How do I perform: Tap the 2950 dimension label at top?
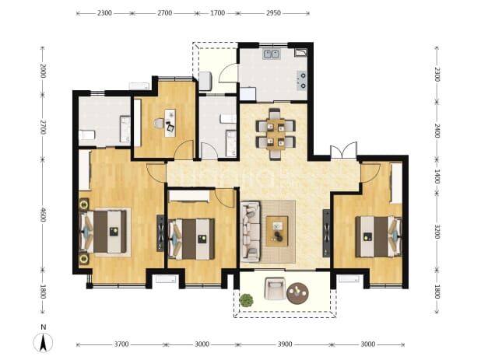point(273,13)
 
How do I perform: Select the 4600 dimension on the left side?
point(43,215)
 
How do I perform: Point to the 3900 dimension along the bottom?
point(285,344)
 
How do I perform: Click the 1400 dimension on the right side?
point(437,177)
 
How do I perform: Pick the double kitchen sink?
point(272,54)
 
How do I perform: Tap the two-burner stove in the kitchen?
point(301,80)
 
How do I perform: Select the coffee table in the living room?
point(277,231)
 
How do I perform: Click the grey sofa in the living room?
point(251,232)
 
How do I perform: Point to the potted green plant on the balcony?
point(246,300)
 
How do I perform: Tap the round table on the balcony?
point(297,293)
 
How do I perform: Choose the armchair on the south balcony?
point(275,288)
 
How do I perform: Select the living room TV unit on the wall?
point(326,233)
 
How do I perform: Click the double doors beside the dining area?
point(343,150)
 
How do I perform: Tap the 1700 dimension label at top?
point(217,13)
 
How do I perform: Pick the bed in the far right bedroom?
point(378,236)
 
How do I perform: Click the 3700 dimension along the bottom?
point(121,344)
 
